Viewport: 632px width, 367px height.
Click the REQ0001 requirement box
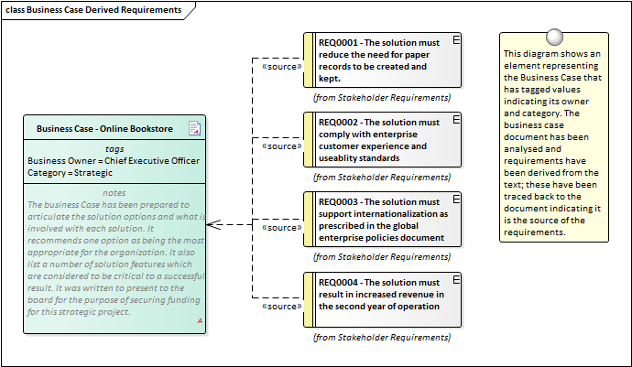coord(383,59)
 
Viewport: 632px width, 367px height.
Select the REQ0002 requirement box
coord(383,139)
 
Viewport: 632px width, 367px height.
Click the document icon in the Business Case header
coord(194,128)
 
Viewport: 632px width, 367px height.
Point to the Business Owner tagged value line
coord(114,161)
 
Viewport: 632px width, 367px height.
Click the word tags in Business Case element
coord(114,149)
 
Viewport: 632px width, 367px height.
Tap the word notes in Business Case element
coord(114,192)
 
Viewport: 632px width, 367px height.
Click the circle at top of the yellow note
coord(553,37)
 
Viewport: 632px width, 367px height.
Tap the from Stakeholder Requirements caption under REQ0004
coord(382,337)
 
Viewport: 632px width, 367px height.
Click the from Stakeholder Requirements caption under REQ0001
coord(382,96)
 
